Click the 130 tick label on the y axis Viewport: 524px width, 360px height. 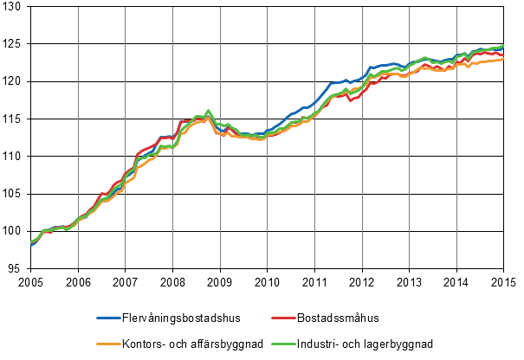tap(15, 7)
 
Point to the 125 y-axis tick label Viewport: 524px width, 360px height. tap(15, 44)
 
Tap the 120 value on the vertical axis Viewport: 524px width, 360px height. tap(15, 81)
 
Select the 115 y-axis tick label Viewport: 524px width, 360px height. tap(15, 119)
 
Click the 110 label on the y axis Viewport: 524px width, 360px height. tap(15, 156)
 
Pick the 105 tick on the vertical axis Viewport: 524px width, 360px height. tap(15, 193)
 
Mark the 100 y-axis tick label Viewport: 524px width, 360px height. tap(15, 230)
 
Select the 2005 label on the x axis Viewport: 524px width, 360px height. tap(30, 281)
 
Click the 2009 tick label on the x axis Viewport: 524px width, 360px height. tap(220, 281)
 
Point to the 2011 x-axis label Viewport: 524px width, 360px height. tap(314, 281)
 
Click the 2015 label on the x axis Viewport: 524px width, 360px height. tap(503, 281)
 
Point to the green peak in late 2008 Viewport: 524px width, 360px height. tap(209, 111)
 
